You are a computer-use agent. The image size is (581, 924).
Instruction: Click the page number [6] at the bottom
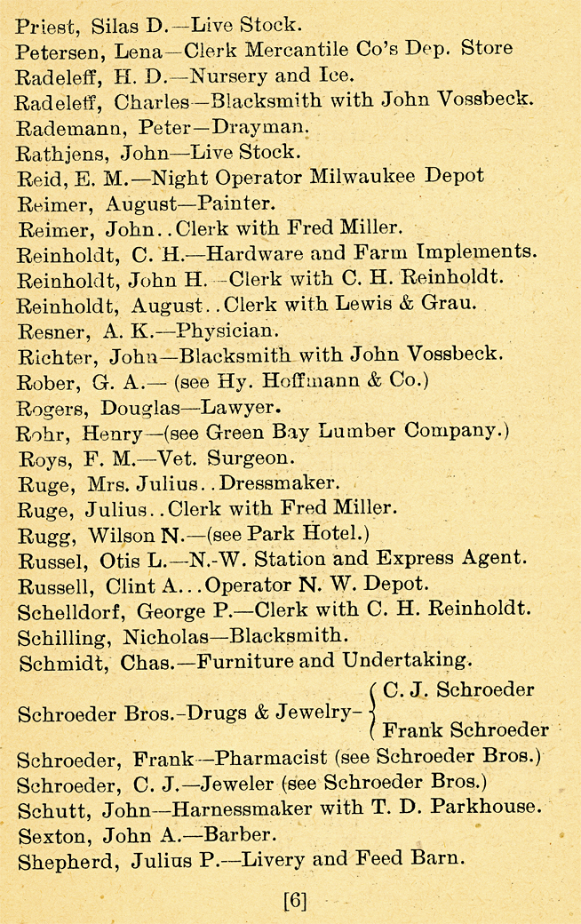(295, 900)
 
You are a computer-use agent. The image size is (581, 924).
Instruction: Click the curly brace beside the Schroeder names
(371, 711)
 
